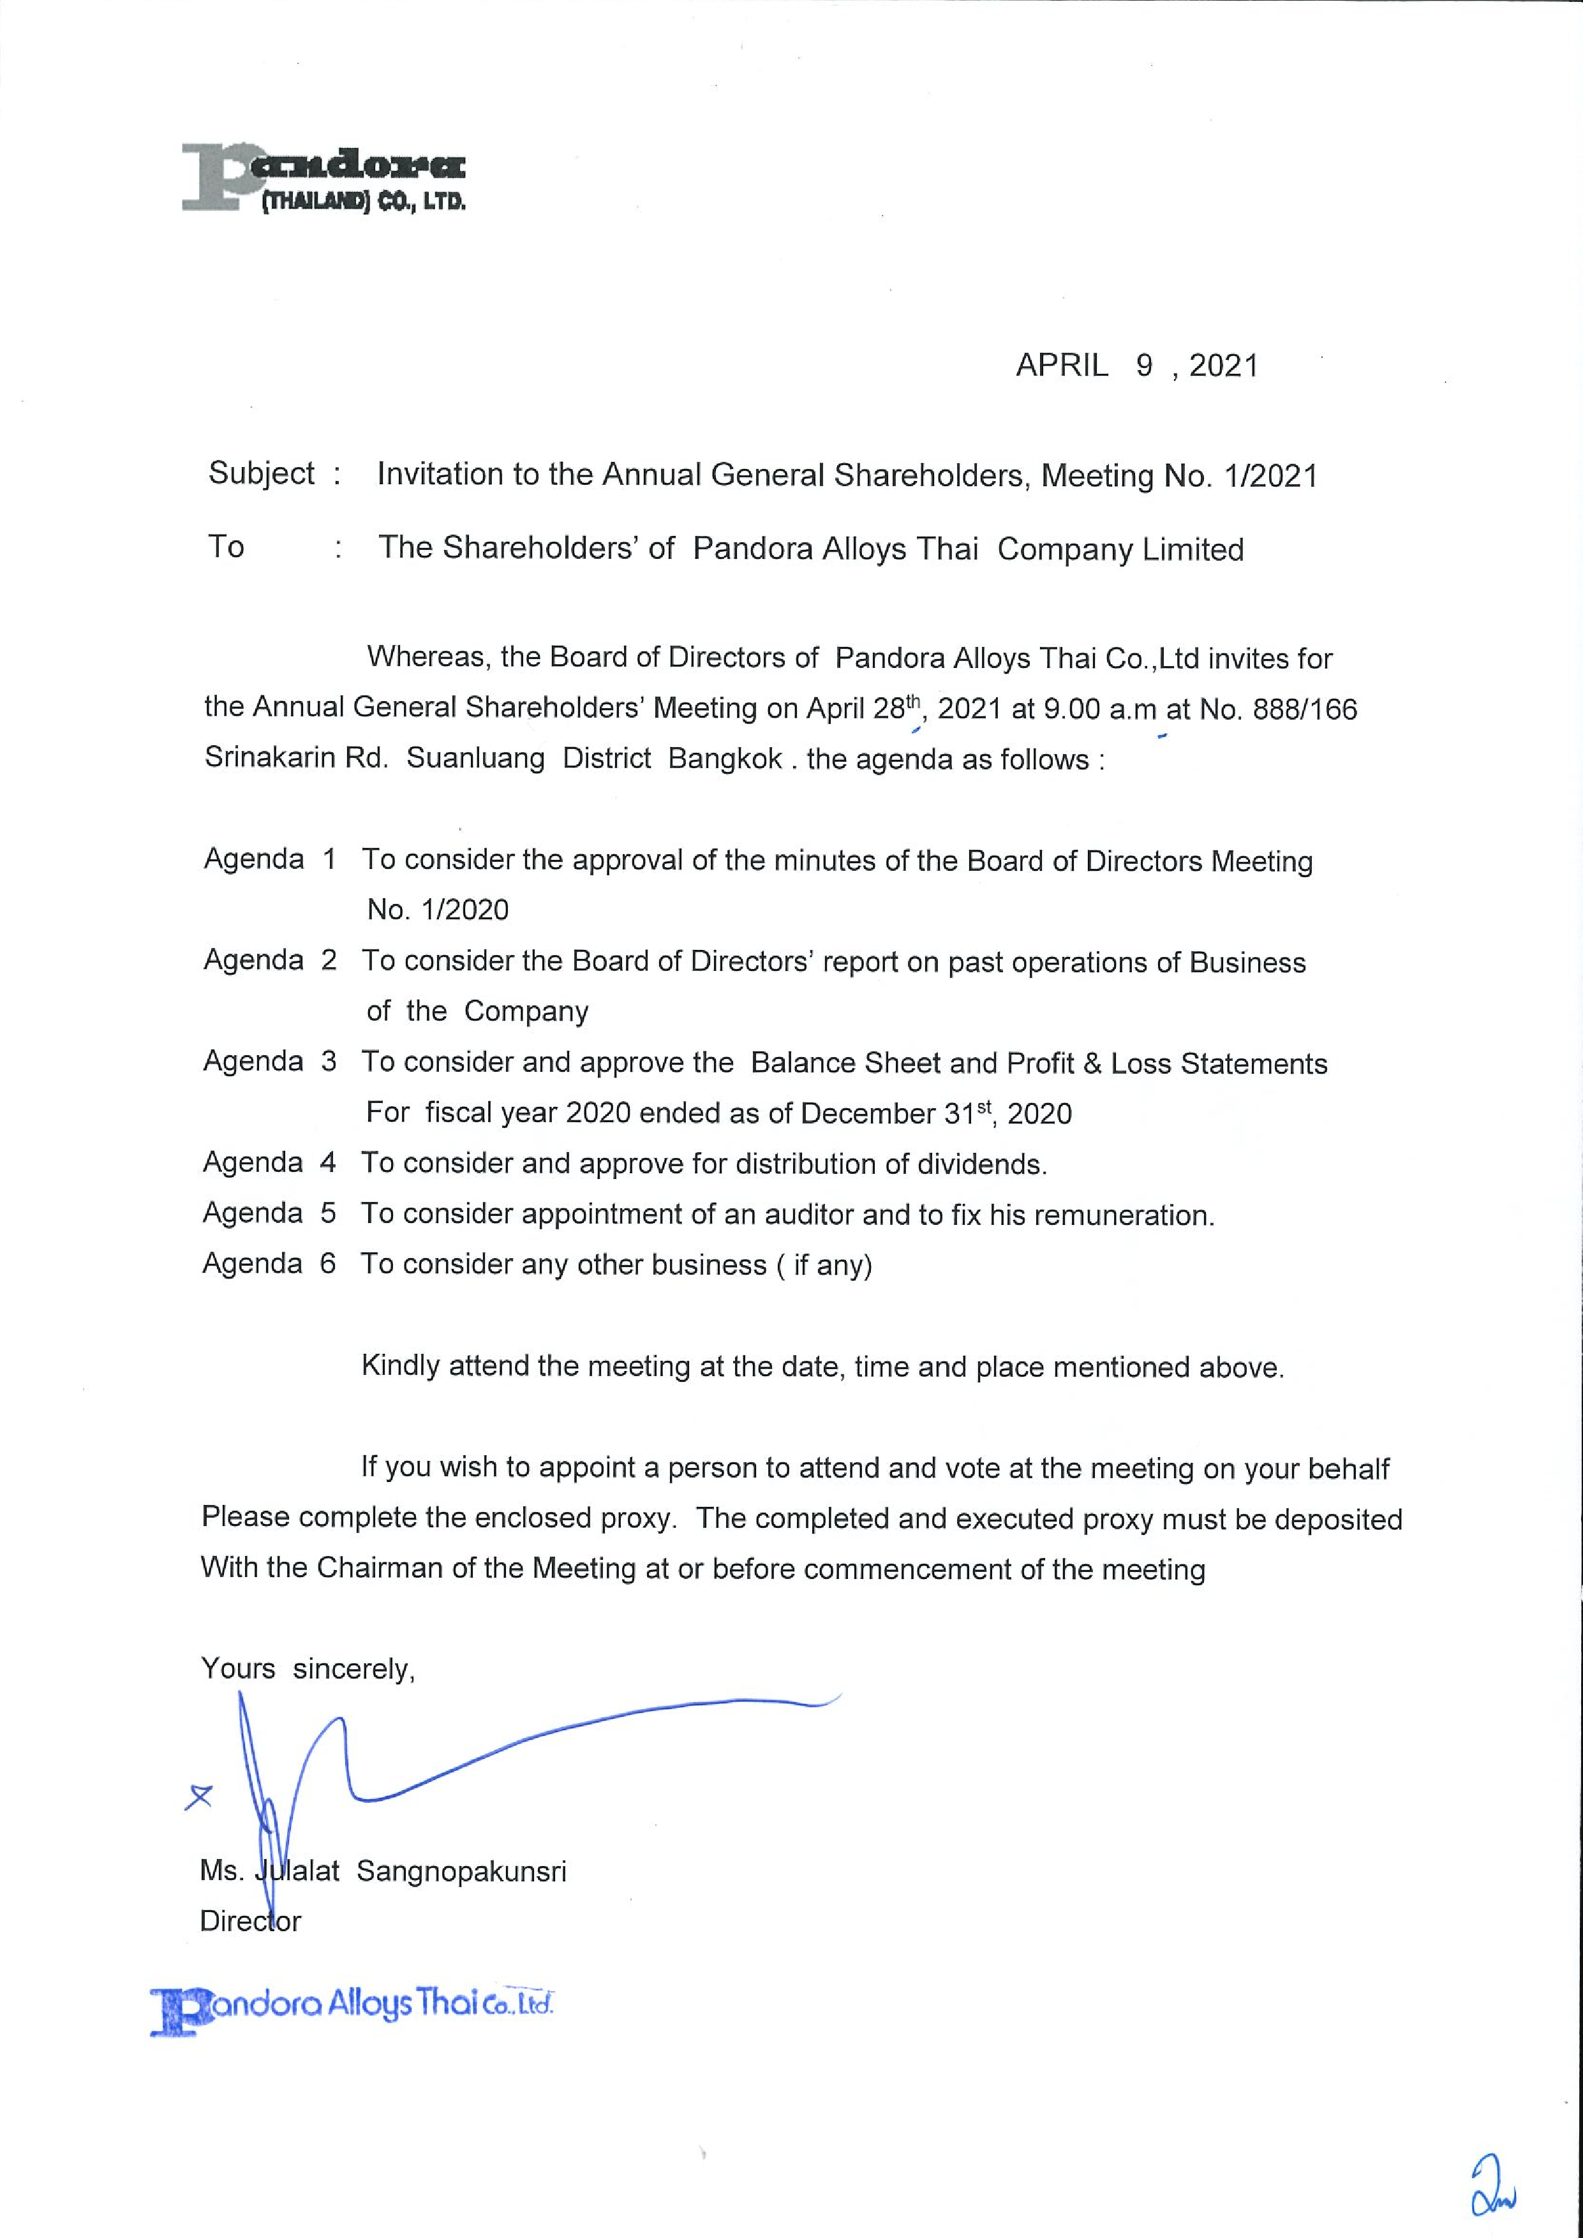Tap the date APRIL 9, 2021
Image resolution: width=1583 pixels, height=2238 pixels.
(x=1136, y=366)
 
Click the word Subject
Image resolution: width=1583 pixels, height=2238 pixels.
(x=261, y=474)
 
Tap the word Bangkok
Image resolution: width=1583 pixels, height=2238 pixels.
(x=725, y=759)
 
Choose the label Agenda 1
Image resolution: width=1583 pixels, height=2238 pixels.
(x=270, y=860)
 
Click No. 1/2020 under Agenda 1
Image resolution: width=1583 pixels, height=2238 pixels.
(x=438, y=910)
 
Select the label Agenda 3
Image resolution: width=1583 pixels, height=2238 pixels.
(x=270, y=1062)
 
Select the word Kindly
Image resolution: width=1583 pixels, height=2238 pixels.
(x=401, y=1366)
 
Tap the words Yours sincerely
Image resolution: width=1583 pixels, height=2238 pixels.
(x=308, y=1669)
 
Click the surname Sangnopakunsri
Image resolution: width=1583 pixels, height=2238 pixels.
(x=461, y=1872)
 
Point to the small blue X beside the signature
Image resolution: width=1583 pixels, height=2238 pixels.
(x=199, y=1797)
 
